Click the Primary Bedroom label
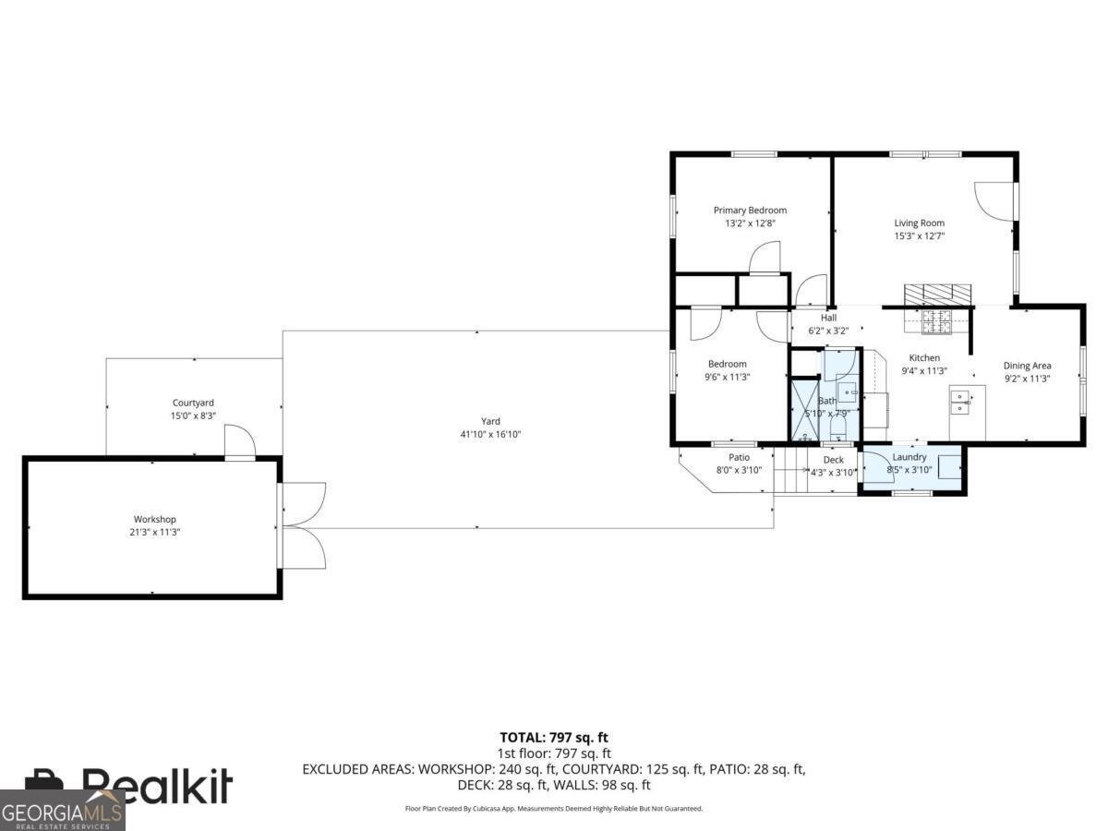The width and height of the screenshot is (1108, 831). (x=750, y=211)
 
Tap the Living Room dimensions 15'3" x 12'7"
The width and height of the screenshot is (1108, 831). (x=919, y=236)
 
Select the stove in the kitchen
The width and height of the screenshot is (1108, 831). (x=936, y=321)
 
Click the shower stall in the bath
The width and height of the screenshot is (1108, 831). (x=803, y=410)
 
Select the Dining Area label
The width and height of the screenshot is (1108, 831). (x=1027, y=366)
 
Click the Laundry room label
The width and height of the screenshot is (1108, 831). (x=909, y=457)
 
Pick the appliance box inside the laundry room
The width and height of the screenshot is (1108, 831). (x=947, y=464)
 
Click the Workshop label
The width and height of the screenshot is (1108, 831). (x=154, y=520)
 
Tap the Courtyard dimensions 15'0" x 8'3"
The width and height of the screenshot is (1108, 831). (x=193, y=416)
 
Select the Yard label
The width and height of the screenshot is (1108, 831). (x=490, y=422)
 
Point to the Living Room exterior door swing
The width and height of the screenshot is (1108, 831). (x=995, y=199)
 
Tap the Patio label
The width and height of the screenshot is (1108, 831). (x=739, y=458)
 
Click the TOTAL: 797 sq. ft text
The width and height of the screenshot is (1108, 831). (x=554, y=737)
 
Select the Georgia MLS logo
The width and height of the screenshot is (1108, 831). (x=62, y=811)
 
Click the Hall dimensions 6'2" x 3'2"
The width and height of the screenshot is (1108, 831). (x=827, y=331)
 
